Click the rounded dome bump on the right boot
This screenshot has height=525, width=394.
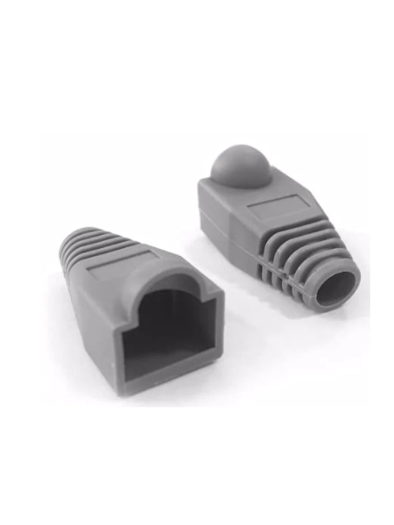click(241, 165)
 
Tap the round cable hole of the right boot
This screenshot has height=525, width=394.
click(336, 289)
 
